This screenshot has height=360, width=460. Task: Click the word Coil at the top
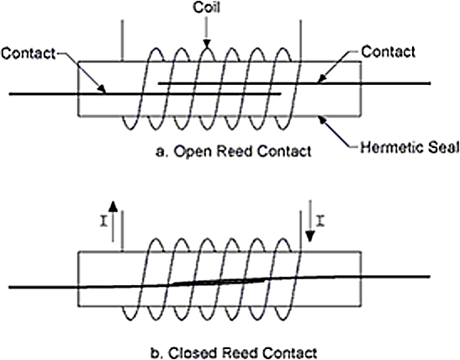tap(206, 8)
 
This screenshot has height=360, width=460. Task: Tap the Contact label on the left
tap(28, 54)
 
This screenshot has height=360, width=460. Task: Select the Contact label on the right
tap(388, 51)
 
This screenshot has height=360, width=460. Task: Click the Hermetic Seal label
tap(410, 147)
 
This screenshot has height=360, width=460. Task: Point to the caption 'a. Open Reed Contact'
tap(234, 151)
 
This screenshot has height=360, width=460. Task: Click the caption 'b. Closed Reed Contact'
tap(234, 352)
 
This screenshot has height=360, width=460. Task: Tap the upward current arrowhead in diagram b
tap(113, 206)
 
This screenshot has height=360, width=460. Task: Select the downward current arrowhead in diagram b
tap(310, 236)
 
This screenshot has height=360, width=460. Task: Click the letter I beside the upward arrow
tap(103, 221)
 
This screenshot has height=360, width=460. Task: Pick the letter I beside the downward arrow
tap(320, 220)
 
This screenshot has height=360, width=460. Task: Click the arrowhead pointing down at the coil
tap(207, 44)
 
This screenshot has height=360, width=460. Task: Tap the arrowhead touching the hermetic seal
tap(323, 120)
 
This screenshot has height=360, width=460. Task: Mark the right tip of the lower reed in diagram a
tap(281, 94)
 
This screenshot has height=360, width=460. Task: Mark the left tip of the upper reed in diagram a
tap(159, 83)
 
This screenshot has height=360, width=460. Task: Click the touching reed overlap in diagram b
tap(219, 282)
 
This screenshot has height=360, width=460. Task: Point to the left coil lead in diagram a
tap(122, 40)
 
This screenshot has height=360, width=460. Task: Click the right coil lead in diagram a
tap(300, 40)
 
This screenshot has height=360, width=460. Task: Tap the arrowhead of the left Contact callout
tap(102, 89)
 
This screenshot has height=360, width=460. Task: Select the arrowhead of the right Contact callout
tap(321, 79)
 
